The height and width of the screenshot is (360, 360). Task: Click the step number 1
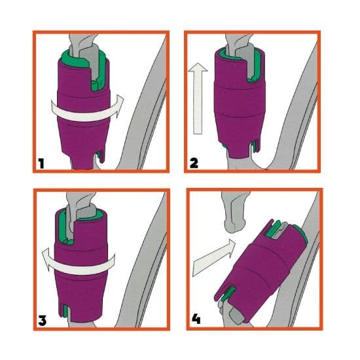coord(41,164)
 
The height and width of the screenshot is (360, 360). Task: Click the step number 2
coord(194,164)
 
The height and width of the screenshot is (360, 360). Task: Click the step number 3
coord(43,320)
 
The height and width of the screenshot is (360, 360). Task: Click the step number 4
coord(196,319)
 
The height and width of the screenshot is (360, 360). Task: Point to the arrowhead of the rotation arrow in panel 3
coord(47,259)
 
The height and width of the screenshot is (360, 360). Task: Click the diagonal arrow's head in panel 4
coord(231,246)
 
